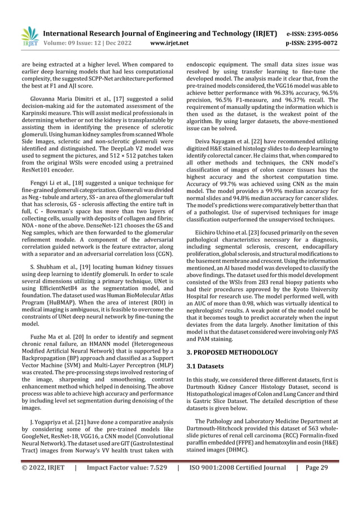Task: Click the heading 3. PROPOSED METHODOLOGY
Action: pos(231,352)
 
